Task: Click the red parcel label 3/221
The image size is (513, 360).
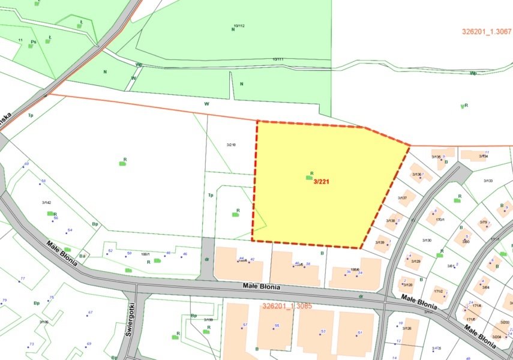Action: (x=321, y=181)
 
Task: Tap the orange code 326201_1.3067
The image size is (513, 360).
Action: (x=487, y=32)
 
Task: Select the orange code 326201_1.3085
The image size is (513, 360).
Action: (x=287, y=306)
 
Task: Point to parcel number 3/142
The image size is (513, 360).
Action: (x=47, y=203)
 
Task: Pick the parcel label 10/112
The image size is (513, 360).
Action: (x=239, y=26)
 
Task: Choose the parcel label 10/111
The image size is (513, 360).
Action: (x=278, y=59)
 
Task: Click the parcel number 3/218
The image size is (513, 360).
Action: (x=231, y=145)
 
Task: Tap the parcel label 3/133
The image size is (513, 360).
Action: (x=488, y=181)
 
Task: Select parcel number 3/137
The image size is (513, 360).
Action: (x=403, y=198)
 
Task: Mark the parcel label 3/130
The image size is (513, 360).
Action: (x=427, y=240)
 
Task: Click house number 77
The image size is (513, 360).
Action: (x=23, y=279)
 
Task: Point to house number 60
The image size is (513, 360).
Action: (x=26, y=164)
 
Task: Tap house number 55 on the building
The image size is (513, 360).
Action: (x=277, y=325)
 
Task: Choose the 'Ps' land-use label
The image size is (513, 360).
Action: (x=34, y=42)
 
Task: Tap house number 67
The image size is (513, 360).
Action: (x=90, y=313)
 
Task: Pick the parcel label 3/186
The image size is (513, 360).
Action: (x=44, y=322)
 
